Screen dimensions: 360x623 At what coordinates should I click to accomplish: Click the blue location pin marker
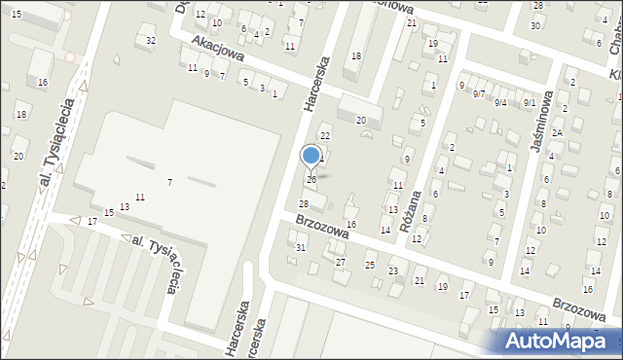click(x=311, y=156)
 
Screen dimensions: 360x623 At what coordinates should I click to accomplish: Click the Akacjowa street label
click(x=216, y=46)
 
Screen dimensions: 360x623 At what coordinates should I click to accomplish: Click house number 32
click(x=150, y=40)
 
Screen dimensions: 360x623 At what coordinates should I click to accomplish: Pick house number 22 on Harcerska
click(x=325, y=134)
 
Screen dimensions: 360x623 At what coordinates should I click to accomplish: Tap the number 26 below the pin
click(x=311, y=179)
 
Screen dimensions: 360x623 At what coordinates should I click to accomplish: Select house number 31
click(x=301, y=247)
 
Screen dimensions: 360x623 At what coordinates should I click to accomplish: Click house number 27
click(x=340, y=262)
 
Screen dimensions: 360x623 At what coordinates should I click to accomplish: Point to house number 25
click(x=370, y=265)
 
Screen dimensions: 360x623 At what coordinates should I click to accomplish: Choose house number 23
click(x=393, y=270)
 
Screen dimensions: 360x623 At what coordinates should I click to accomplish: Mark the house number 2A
click(x=557, y=132)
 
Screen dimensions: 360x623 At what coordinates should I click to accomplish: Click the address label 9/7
click(x=478, y=93)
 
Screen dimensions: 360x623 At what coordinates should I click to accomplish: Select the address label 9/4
click(x=500, y=102)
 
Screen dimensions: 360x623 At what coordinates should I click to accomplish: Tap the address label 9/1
click(x=529, y=102)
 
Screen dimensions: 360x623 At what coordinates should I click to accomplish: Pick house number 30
click(x=534, y=24)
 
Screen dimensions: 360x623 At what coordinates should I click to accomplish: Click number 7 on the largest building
click(x=169, y=182)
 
